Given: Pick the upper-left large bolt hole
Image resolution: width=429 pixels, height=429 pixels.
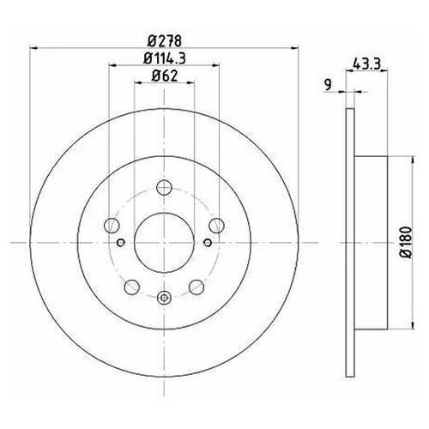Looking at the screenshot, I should click(x=110, y=227).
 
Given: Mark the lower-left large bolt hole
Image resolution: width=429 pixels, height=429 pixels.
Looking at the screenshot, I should click(x=131, y=287).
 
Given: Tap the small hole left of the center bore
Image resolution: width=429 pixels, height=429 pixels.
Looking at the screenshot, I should click(x=123, y=243).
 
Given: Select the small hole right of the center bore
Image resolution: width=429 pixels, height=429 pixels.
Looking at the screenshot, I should click(x=204, y=243).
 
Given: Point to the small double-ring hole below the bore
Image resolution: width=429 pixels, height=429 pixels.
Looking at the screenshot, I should click(x=164, y=298).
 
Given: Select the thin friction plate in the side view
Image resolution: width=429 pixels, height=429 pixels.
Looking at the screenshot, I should click(x=348, y=243).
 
